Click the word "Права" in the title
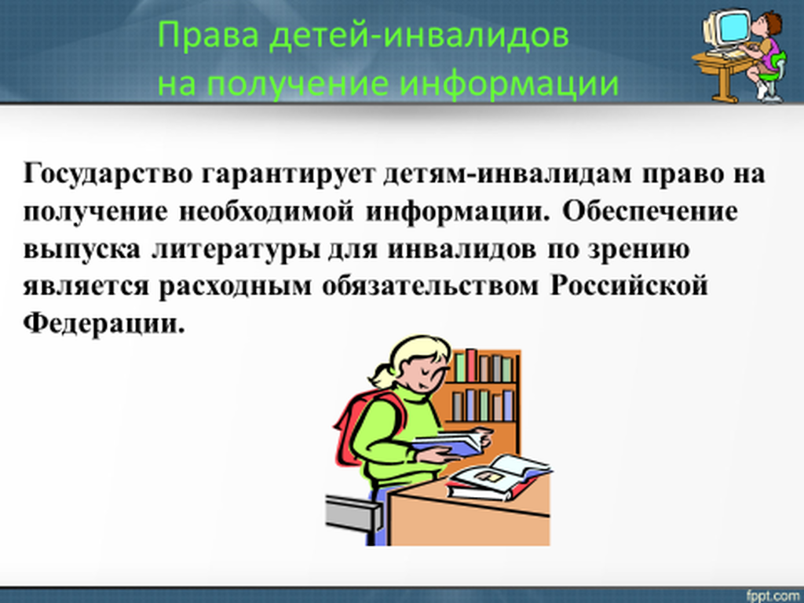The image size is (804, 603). tap(208, 35)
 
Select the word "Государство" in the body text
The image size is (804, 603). tap(108, 174)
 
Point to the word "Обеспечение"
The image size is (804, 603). tap(650, 210)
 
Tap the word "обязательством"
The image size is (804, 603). tap(431, 286)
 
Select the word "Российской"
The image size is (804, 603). tap(629, 286)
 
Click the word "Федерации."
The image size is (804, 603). tap(104, 323)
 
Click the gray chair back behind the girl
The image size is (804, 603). tap(353, 513)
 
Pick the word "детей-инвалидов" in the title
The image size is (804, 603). tap(419, 36)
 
